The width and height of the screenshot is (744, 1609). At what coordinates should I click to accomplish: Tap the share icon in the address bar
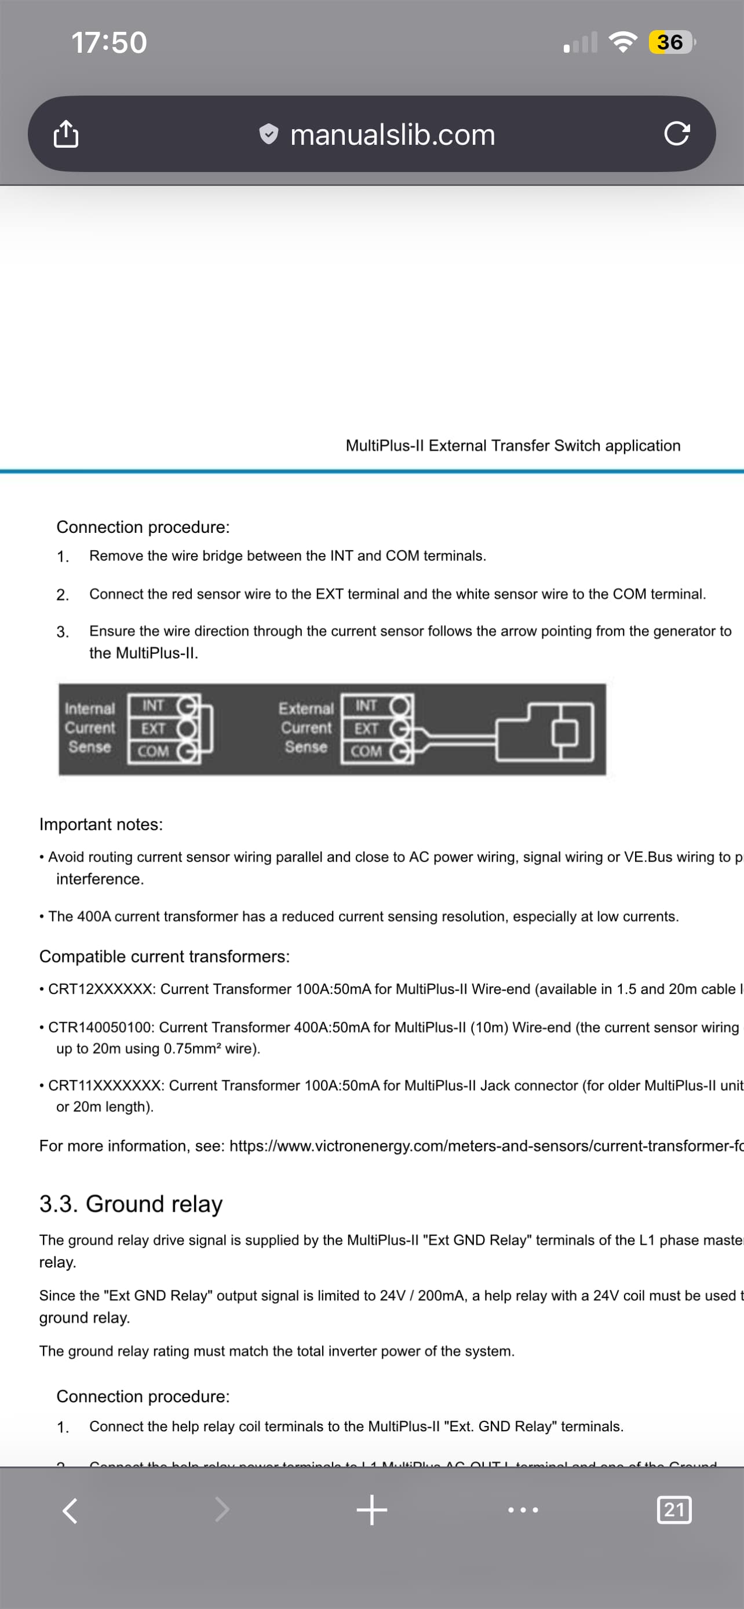tap(66, 134)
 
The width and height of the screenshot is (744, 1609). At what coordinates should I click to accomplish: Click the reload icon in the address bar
tap(677, 134)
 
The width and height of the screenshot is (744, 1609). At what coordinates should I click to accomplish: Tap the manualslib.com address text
tap(392, 135)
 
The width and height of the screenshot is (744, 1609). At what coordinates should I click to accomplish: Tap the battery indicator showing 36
tap(670, 42)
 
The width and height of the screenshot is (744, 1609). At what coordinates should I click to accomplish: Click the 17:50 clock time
tap(110, 43)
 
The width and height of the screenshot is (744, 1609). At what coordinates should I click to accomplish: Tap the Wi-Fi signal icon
tap(622, 42)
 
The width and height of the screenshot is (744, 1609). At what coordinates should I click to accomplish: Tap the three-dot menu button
tap(523, 1511)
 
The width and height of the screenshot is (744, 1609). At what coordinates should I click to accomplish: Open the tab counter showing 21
tap(674, 1511)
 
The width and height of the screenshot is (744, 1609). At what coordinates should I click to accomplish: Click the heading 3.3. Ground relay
tap(131, 1203)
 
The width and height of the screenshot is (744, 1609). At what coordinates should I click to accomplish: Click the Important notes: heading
tap(101, 825)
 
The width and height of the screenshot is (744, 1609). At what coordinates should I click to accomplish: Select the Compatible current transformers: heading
tap(165, 956)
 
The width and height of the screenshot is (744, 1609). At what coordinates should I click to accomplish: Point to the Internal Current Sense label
tap(90, 727)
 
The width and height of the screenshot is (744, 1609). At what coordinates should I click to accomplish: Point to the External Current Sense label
tap(306, 727)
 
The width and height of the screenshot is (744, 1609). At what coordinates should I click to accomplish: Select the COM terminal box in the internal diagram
tap(153, 751)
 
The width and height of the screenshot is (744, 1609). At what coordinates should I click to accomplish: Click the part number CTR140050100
tap(100, 1027)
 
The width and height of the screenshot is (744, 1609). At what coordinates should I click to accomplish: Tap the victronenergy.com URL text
tap(486, 1146)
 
